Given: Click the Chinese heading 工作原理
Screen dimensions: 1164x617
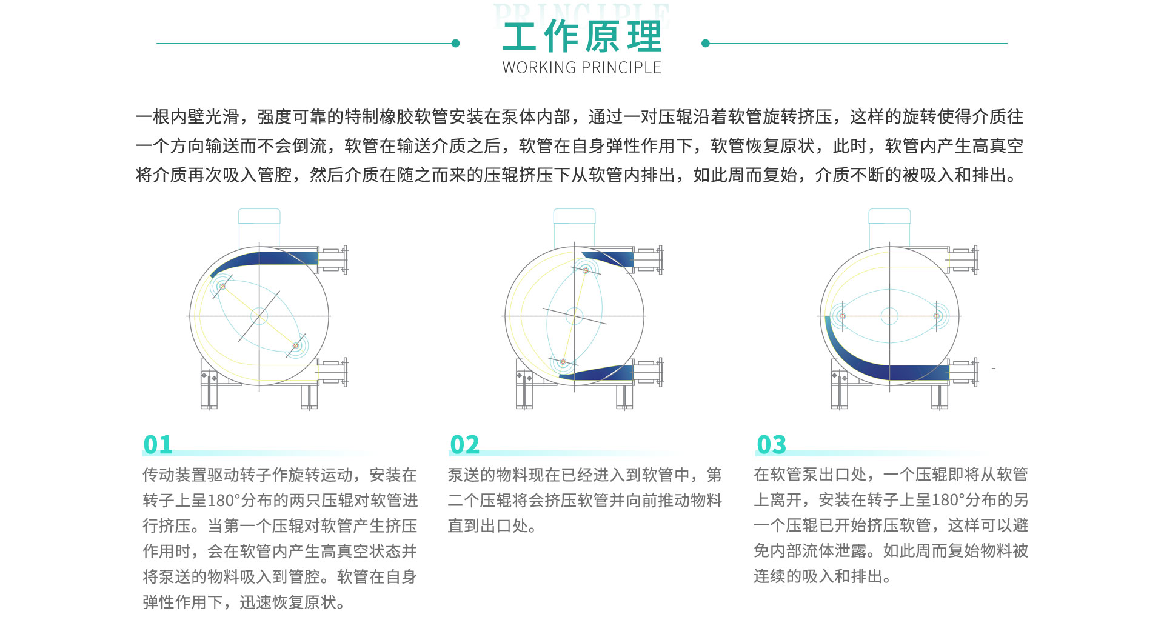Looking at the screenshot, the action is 582,36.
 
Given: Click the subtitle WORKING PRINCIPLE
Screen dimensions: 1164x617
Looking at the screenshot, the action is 582,67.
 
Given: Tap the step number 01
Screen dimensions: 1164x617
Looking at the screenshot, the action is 158,445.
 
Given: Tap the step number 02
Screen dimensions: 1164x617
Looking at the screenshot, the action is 464,445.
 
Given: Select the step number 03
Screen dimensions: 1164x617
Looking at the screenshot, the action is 771,445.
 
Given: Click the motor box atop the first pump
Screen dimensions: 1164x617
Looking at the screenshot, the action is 259,228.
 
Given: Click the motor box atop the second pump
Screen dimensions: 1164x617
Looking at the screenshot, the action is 575,228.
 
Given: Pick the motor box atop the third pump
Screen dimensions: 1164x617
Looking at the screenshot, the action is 890,228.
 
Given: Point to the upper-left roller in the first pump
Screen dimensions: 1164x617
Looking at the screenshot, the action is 222,286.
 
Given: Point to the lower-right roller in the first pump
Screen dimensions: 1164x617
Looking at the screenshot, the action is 296,346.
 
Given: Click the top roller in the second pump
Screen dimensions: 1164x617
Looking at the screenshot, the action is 586,270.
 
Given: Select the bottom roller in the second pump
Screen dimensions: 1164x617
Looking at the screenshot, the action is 563,362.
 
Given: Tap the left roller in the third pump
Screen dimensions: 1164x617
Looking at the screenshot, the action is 842,316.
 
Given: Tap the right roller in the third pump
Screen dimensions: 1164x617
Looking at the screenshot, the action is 937,316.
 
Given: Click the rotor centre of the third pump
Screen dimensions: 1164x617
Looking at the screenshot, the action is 889,316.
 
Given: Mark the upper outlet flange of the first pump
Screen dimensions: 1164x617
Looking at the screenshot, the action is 345,259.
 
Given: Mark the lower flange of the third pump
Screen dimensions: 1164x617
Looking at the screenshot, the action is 975,372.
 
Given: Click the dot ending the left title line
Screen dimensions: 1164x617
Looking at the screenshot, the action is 456,44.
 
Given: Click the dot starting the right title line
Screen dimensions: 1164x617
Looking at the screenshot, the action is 705,44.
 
